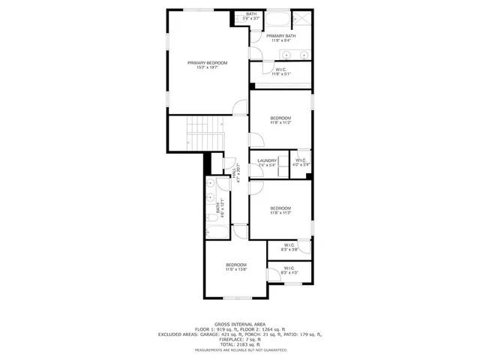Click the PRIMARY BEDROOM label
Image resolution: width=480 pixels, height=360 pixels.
pyautogui.click(x=207, y=63)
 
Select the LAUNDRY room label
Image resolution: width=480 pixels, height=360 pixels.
pyautogui.click(x=267, y=160)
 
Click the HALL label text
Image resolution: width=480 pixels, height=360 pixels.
pyautogui.click(x=238, y=173)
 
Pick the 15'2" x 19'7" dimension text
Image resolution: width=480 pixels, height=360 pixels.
pyautogui.click(x=207, y=68)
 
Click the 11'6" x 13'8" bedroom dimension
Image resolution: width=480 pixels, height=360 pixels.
pyautogui.click(x=236, y=269)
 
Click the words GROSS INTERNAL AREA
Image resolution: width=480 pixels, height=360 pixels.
pyautogui.click(x=238, y=323)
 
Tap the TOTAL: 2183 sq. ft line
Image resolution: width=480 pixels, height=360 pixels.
pyautogui.click(x=238, y=344)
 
